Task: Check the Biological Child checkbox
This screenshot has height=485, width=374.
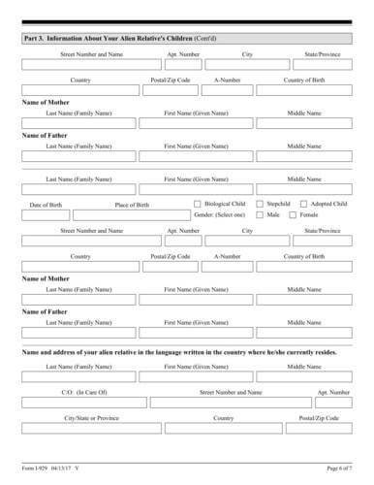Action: coord(199,204)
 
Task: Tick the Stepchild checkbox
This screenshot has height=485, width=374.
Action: coord(260,204)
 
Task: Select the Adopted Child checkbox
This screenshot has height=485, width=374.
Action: coord(302,204)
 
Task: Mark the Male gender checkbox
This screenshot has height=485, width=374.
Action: coord(260,215)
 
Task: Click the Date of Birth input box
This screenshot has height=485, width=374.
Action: coord(46,215)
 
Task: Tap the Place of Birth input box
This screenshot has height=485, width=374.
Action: coord(131,215)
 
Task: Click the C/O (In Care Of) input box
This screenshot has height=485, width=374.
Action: coord(83,402)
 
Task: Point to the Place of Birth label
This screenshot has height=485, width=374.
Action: coord(132,205)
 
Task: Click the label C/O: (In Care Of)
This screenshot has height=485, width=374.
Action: coord(83,391)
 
